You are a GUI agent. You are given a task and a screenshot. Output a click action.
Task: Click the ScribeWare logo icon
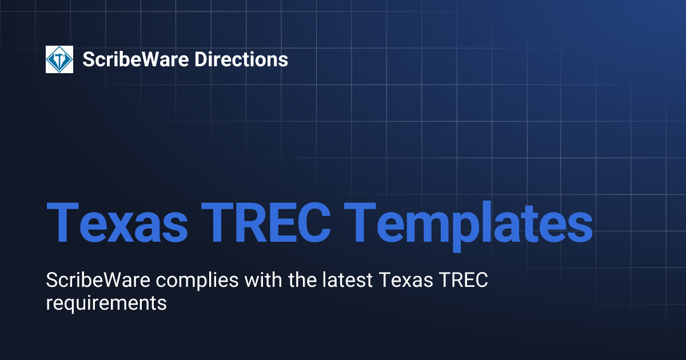59,59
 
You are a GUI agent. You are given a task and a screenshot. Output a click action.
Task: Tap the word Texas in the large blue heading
117,222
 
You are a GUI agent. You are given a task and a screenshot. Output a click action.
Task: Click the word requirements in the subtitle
106,303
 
